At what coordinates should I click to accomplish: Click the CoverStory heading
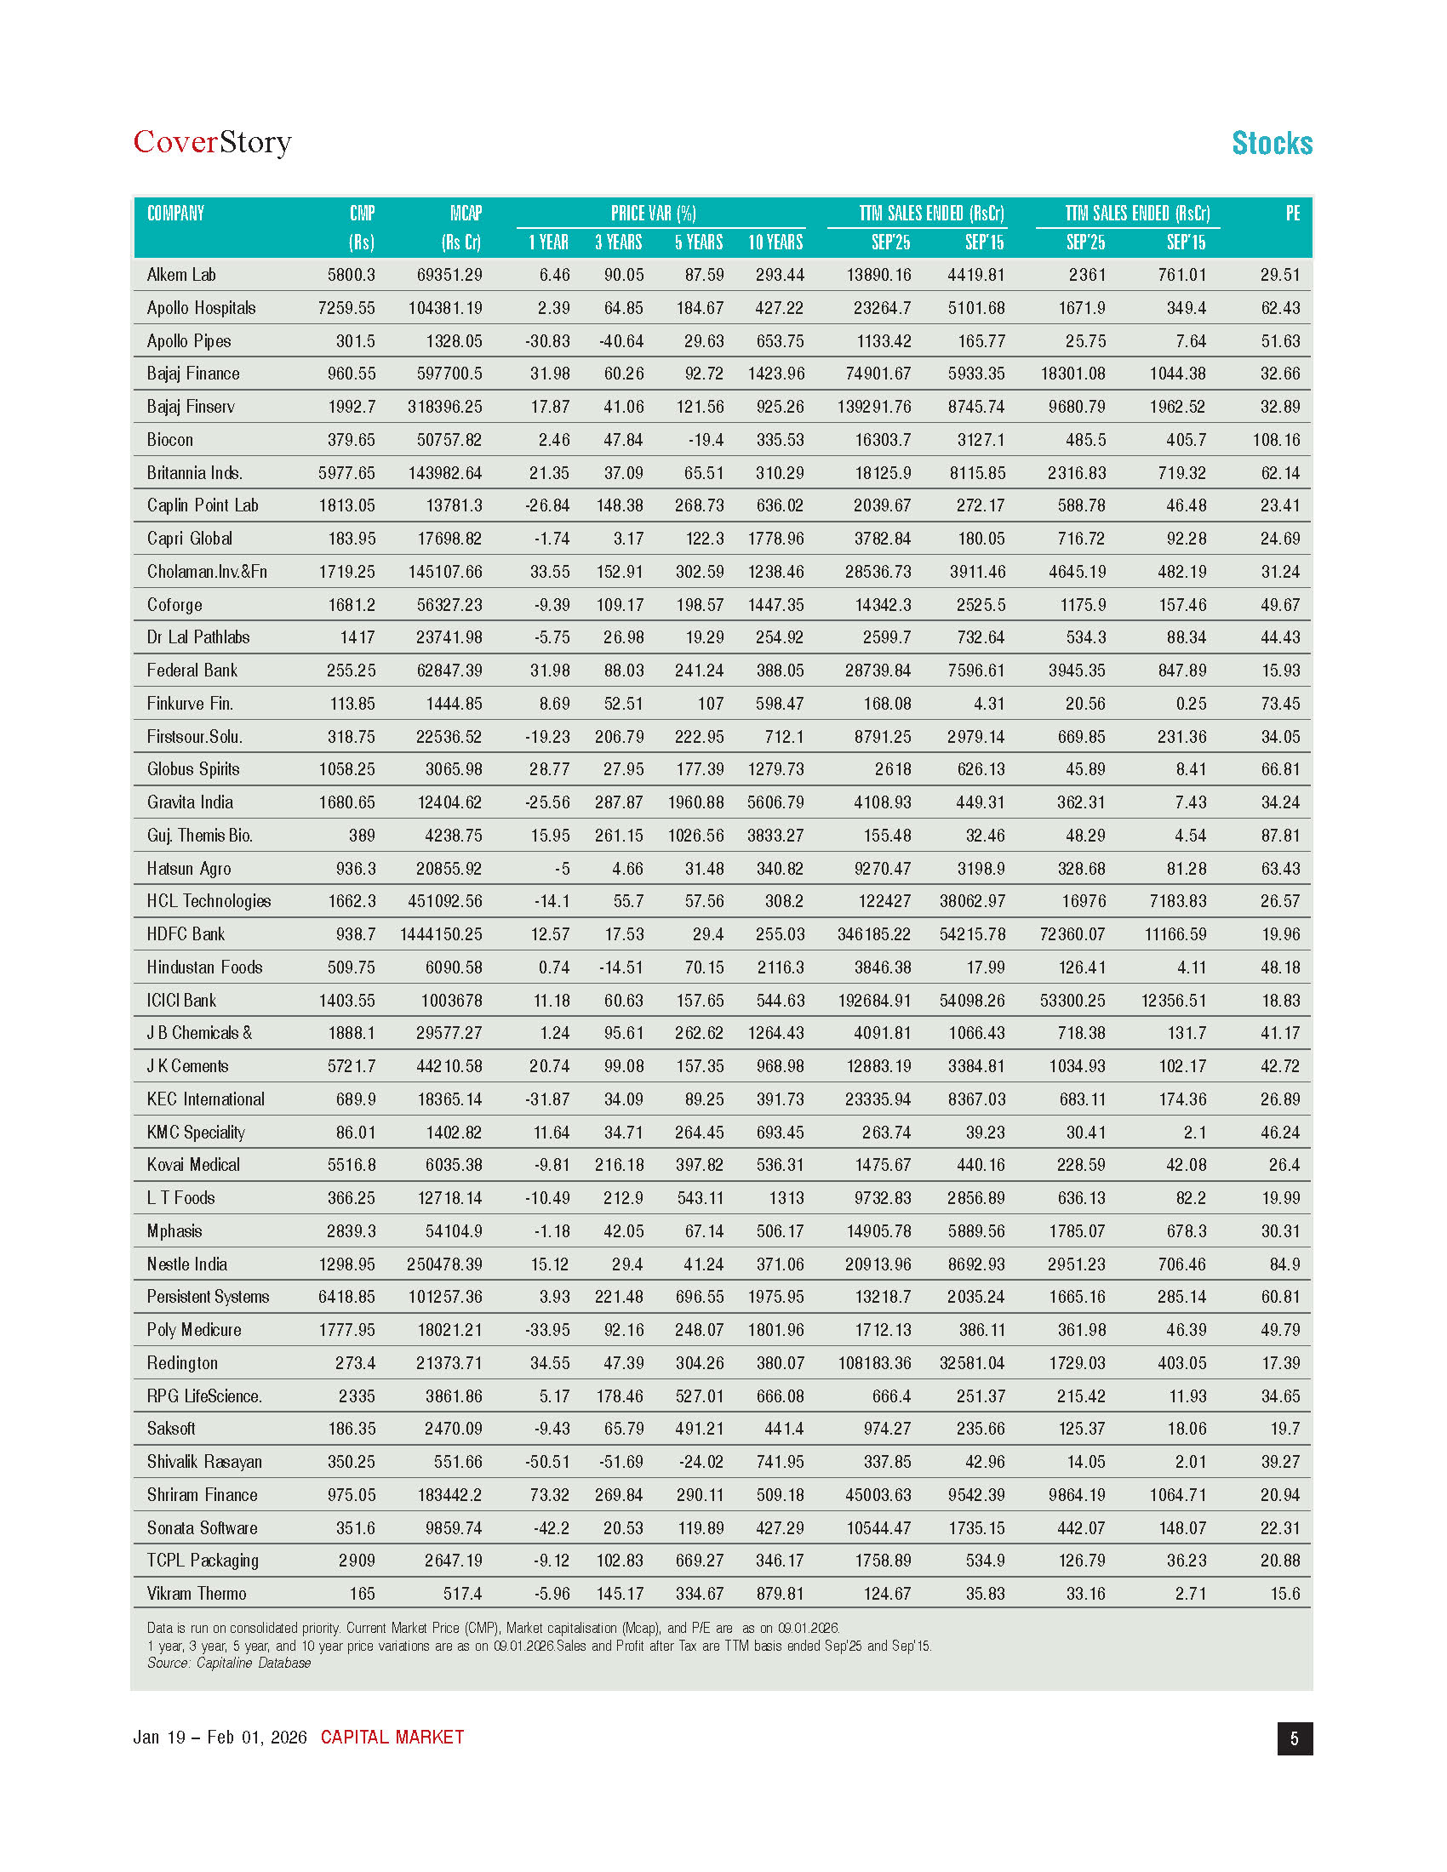pos(212,142)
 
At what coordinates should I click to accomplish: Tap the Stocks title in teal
pos(1272,143)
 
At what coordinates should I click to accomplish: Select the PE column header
pos(1292,214)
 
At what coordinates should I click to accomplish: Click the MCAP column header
pos(466,214)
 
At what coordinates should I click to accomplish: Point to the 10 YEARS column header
pos(775,243)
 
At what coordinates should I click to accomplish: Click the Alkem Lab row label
pos(180,275)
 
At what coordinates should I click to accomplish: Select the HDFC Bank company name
pos(186,934)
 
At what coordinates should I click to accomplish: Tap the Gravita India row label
pos(190,802)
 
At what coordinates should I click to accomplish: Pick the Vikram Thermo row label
pos(197,1594)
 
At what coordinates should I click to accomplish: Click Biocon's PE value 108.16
pos(1276,440)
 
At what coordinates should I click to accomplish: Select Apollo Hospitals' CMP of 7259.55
pos(346,308)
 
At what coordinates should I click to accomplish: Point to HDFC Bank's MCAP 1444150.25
pos(441,934)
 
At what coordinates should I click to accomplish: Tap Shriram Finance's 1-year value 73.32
pos(550,1495)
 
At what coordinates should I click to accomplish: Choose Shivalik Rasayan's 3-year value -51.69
pos(621,1461)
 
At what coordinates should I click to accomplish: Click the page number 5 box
pos(1295,1738)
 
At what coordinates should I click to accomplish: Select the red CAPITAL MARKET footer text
pos(392,1738)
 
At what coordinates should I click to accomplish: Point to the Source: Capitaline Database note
pos(229,1663)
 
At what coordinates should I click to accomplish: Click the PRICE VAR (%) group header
pos(653,214)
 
